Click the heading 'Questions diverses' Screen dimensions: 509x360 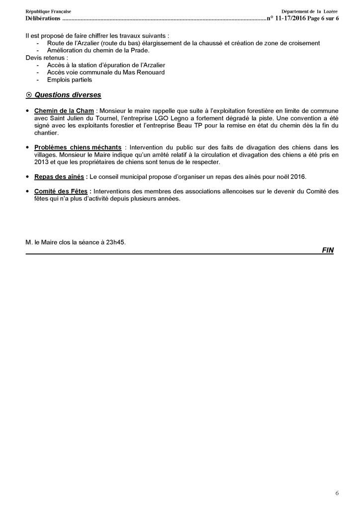68,95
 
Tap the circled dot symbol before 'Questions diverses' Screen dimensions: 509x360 28,95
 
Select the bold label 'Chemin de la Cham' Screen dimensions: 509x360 64,111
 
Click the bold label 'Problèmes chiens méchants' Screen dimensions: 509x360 78,148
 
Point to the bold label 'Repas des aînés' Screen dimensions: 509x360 60,176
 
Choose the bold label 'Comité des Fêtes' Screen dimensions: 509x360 62,191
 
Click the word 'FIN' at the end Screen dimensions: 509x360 328,251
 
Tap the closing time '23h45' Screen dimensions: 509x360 117,243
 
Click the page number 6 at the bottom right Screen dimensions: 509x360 337,493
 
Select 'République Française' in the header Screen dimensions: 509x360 48,11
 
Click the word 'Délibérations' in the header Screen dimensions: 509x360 43,19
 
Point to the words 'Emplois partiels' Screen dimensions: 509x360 69,80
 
